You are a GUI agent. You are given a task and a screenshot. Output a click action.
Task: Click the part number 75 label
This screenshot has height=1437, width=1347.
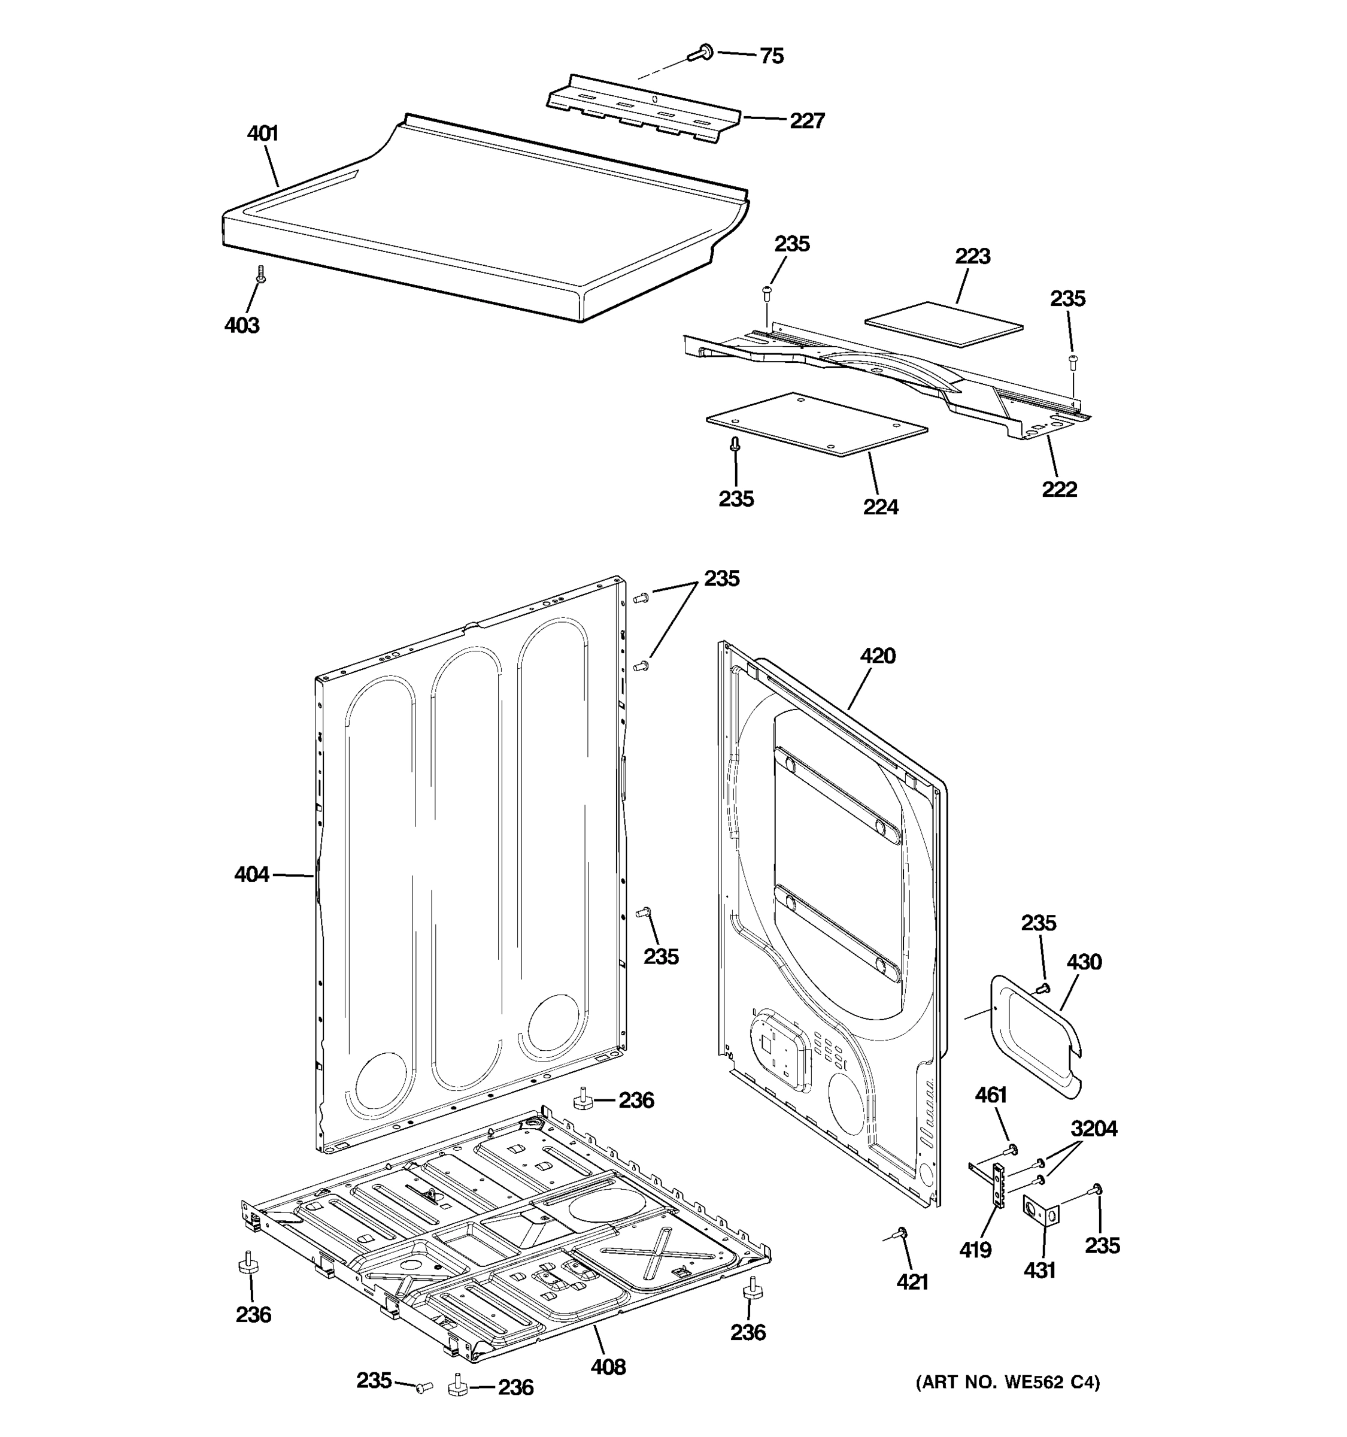coord(771,56)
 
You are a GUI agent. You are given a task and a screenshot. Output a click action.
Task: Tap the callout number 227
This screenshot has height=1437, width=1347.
coord(806,121)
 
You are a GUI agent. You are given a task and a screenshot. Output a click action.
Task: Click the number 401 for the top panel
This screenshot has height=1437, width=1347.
coord(262,134)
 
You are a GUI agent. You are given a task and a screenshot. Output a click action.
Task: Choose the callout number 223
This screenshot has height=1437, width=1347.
coord(972,257)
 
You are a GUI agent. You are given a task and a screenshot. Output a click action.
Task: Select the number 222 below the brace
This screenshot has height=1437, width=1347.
coord(1058,489)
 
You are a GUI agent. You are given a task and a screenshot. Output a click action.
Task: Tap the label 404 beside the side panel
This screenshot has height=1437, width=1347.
coord(251,875)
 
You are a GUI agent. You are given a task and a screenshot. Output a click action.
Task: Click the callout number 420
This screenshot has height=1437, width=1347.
coord(877,656)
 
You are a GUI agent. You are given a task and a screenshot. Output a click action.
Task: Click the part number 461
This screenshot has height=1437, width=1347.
coord(991,1095)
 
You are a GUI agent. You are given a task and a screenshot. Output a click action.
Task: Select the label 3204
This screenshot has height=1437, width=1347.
coord(1093,1129)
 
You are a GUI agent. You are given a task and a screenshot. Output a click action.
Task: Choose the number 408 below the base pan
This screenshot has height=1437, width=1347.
coord(608,1367)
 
